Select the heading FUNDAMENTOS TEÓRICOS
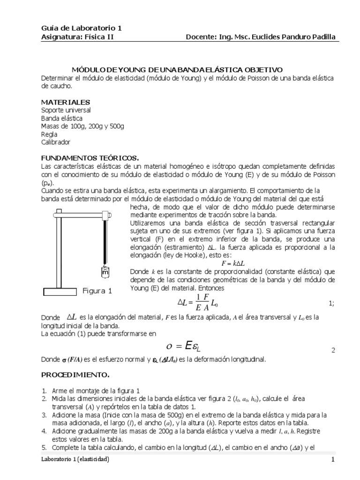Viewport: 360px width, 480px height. pos(90,158)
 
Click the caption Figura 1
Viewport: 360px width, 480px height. pos(97,291)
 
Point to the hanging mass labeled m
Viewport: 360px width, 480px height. pos(105,272)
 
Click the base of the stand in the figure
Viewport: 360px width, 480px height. pos(60,292)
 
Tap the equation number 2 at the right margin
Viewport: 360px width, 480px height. pos(333,350)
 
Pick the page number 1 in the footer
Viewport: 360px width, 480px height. pos(333,460)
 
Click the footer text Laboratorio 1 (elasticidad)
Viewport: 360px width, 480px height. pos(75,460)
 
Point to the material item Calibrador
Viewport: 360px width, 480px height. pos(56,142)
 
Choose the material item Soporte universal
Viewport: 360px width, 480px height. pos(66,110)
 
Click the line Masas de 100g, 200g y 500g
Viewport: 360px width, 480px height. pos(82,126)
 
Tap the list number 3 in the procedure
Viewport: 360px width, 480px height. pos(44,415)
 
